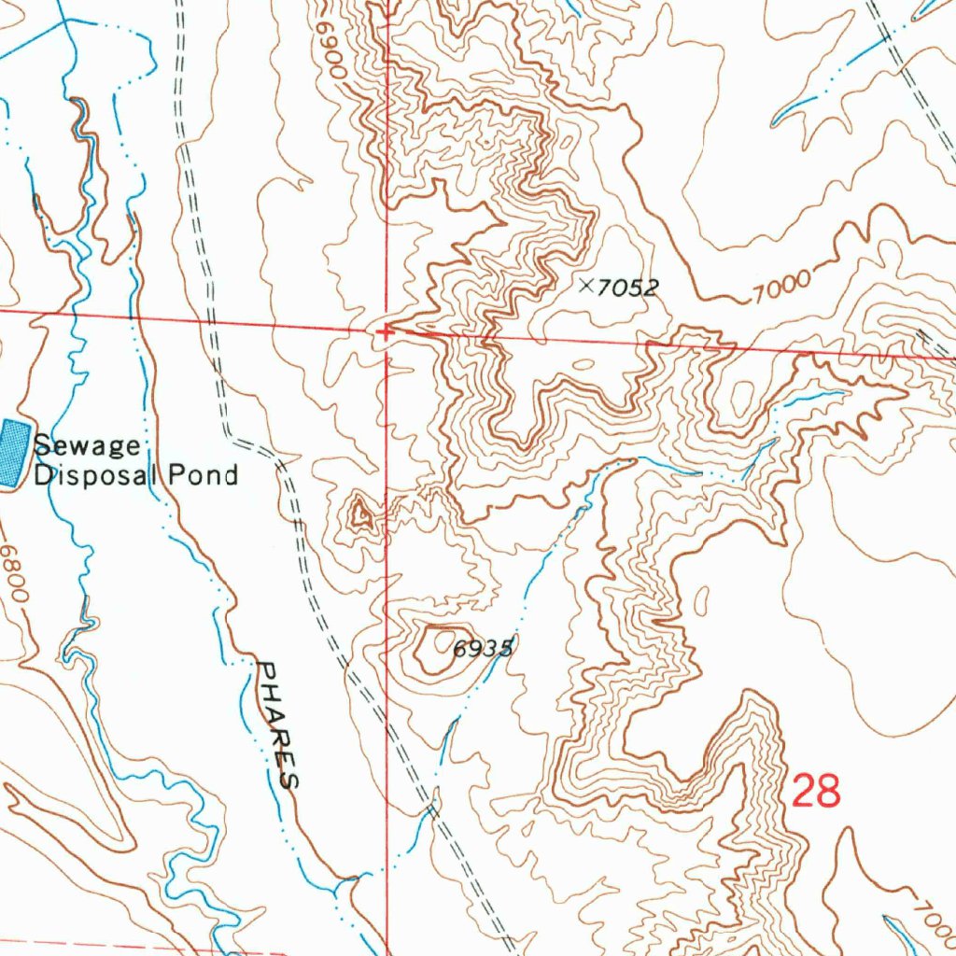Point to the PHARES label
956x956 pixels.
click(277, 724)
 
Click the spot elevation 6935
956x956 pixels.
click(483, 649)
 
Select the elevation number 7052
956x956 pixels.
click(626, 288)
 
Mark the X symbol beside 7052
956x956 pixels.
click(586, 286)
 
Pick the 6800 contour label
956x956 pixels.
click(14, 574)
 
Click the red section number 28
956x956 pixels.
click(816, 792)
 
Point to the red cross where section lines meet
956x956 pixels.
click(385, 330)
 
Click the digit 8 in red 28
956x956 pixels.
click(829, 792)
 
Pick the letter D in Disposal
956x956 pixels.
click(43, 474)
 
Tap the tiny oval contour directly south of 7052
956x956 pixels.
click(584, 364)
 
